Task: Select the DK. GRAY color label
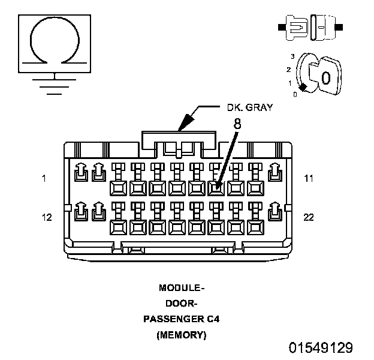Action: (x=249, y=108)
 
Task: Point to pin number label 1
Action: (x=44, y=178)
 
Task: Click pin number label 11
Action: (x=309, y=178)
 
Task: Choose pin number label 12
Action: (x=47, y=217)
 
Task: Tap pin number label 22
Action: (x=309, y=217)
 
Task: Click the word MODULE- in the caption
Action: (x=182, y=287)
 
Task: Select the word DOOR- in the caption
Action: (x=182, y=303)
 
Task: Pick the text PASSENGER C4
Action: (x=182, y=319)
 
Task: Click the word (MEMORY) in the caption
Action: (x=182, y=335)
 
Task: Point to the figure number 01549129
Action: (x=321, y=348)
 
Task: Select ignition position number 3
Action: (x=292, y=56)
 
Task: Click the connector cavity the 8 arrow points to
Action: (x=216, y=188)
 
